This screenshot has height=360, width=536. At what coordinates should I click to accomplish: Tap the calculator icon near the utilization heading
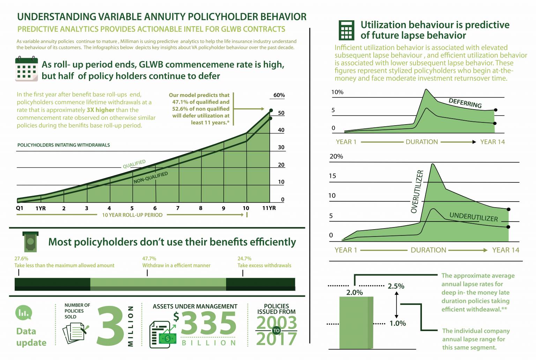click(346, 30)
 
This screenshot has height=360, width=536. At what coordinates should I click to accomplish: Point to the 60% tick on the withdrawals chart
click(279, 95)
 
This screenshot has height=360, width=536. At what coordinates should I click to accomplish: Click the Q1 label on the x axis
click(20, 208)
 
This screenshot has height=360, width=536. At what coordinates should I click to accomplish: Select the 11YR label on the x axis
click(269, 208)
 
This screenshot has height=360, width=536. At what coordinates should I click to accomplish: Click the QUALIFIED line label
click(134, 164)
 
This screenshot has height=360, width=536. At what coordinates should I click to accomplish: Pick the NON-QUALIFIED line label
click(150, 178)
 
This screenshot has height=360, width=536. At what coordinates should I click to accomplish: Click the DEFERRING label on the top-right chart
click(465, 103)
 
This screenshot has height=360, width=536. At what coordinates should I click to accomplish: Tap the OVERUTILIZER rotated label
click(417, 192)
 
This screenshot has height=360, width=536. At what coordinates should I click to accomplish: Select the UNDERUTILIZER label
click(473, 217)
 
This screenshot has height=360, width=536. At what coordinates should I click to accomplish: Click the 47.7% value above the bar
click(149, 258)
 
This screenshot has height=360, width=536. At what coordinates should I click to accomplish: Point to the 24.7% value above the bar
click(244, 258)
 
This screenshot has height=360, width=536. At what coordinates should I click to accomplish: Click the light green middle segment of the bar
click(158, 284)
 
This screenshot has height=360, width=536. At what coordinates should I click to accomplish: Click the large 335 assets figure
click(208, 323)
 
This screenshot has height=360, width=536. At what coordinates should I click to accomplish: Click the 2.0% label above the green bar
click(354, 292)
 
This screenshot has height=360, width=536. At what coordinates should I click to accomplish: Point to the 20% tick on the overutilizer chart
click(336, 156)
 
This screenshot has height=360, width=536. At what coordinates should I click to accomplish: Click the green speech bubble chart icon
click(24, 313)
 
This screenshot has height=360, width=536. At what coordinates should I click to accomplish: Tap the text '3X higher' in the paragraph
click(100, 110)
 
